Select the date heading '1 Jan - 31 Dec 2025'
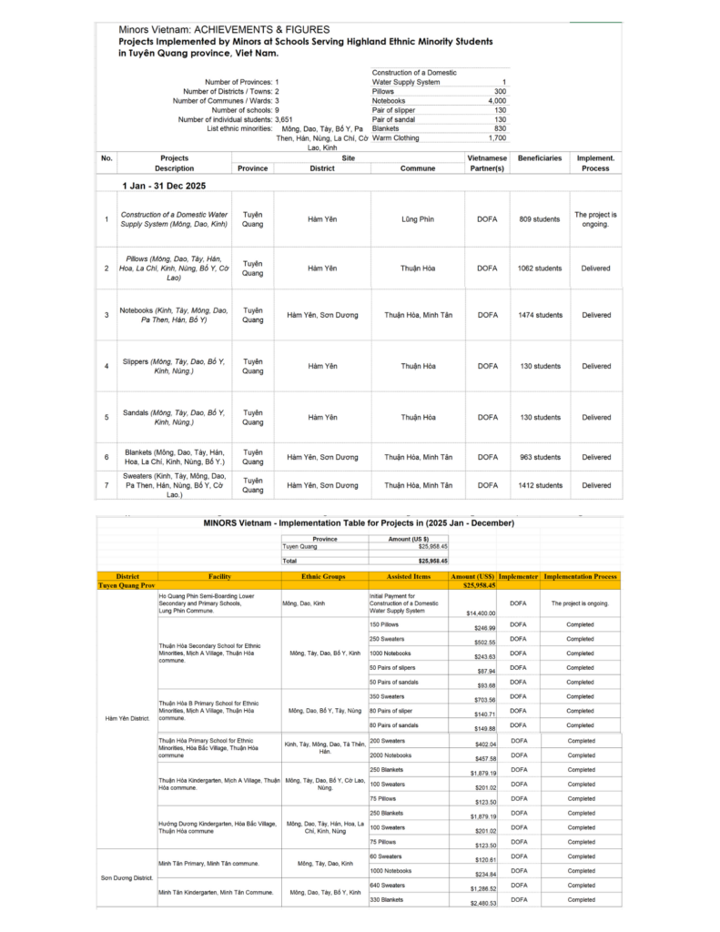click(x=164, y=186)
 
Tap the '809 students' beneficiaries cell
click(x=540, y=219)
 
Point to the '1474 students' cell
click(x=540, y=315)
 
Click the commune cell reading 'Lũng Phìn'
click(x=418, y=219)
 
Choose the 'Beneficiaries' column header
click(x=540, y=158)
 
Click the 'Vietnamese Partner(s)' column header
click(x=487, y=163)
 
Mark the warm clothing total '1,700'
click(x=496, y=138)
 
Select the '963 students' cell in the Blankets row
click(x=540, y=457)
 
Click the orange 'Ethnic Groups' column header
click(x=324, y=576)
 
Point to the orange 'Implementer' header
click(x=519, y=576)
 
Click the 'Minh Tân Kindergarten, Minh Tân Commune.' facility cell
click(x=216, y=892)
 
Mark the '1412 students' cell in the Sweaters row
click(x=540, y=485)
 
